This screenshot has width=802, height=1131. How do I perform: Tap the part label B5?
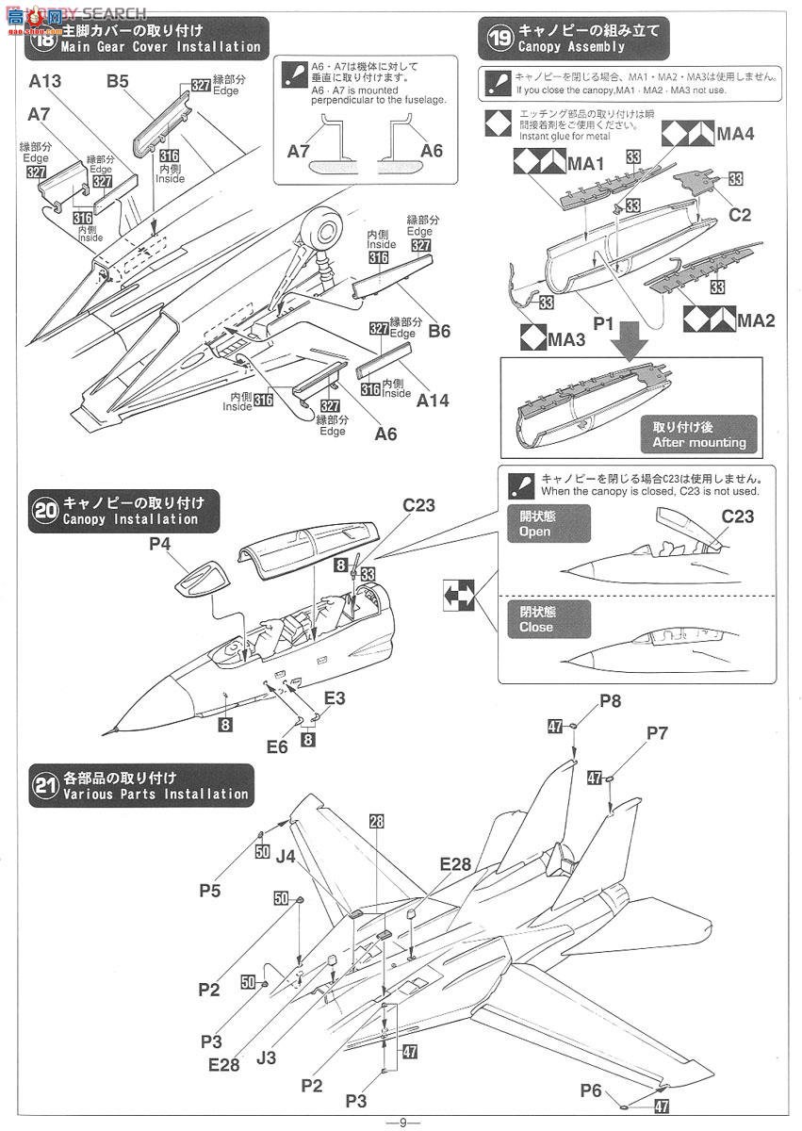coord(117,82)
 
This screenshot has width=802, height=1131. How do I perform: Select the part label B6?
coord(439,331)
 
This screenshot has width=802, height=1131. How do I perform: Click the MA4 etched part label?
coord(735,134)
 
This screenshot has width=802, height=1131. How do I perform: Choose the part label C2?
coord(740,215)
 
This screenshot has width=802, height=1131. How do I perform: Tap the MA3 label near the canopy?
coord(566,338)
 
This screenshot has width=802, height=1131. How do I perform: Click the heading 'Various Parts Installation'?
coord(155,794)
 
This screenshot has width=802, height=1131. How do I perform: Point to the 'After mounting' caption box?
coord(698,435)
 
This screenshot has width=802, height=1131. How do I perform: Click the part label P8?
coord(611,700)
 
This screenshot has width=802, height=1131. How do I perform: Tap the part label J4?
coord(286,856)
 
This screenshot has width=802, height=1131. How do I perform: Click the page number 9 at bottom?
coord(402,1122)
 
